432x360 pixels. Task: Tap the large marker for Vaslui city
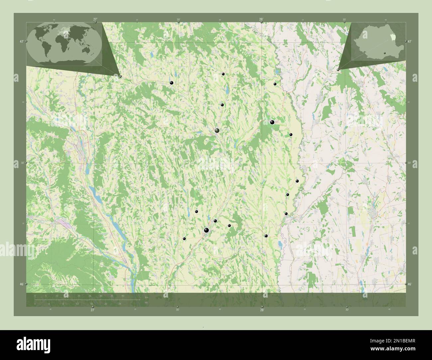tap(217, 131)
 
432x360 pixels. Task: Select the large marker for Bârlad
tap(207, 230)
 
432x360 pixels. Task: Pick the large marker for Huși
tap(272, 122)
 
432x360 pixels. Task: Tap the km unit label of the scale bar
tap(146, 297)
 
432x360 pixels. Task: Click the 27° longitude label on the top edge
tap(95, 19)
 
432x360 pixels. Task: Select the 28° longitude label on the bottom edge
tap(262, 310)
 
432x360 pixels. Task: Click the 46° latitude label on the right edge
tap(410, 284)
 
